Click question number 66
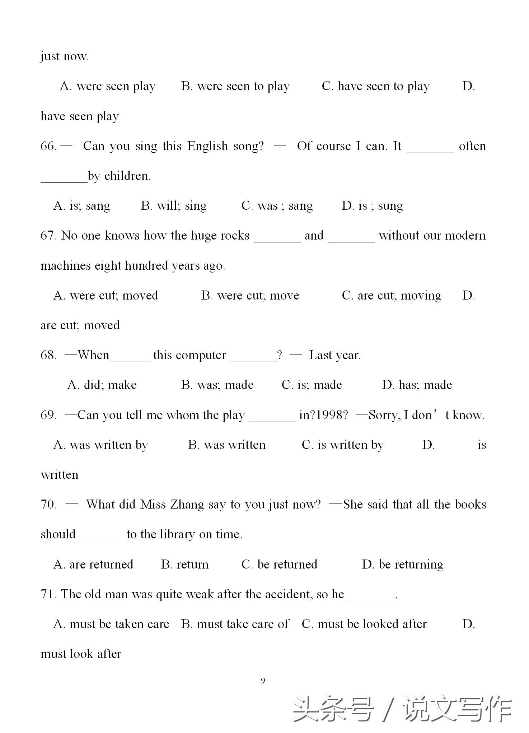pyautogui.click(x=48, y=146)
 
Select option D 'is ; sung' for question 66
pyautogui.click(x=372, y=206)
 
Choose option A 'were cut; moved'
pyautogui.click(x=106, y=296)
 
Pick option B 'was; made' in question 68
pyautogui.click(x=217, y=385)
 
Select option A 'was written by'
pyautogui.click(x=100, y=445)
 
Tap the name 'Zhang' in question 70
pyautogui.click(x=187, y=505)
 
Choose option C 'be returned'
pyautogui.click(x=279, y=564)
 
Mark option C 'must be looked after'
pyautogui.click(x=364, y=624)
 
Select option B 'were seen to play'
pyautogui.click(x=235, y=87)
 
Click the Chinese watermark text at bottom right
pyautogui.click(x=402, y=709)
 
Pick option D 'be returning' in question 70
pyautogui.click(x=402, y=564)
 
